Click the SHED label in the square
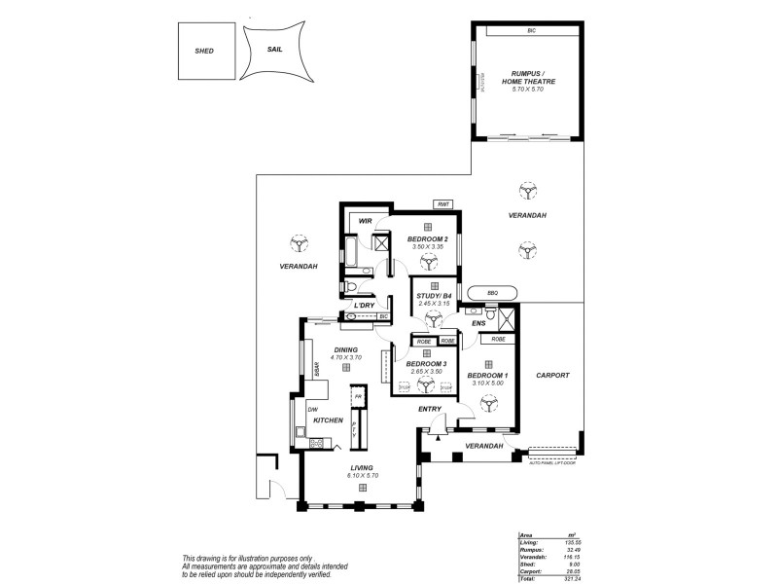[x=203, y=51]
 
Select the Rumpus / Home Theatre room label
[x=533, y=78]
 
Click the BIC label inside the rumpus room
[x=532, y=31]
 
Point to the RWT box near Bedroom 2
[x=443, y=204]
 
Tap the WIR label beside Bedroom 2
[x=366, y=221]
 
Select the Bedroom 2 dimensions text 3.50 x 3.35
[x=428, y=247]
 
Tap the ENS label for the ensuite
[x=477, y=321]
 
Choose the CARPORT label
[x=551, y=375]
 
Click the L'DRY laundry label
[x=364, y=306]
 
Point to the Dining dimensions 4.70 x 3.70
[x=345, y=357]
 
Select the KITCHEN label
[x=328, y=420]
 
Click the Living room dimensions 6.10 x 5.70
[x=362, y=475]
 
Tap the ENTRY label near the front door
[x=430, y=409]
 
